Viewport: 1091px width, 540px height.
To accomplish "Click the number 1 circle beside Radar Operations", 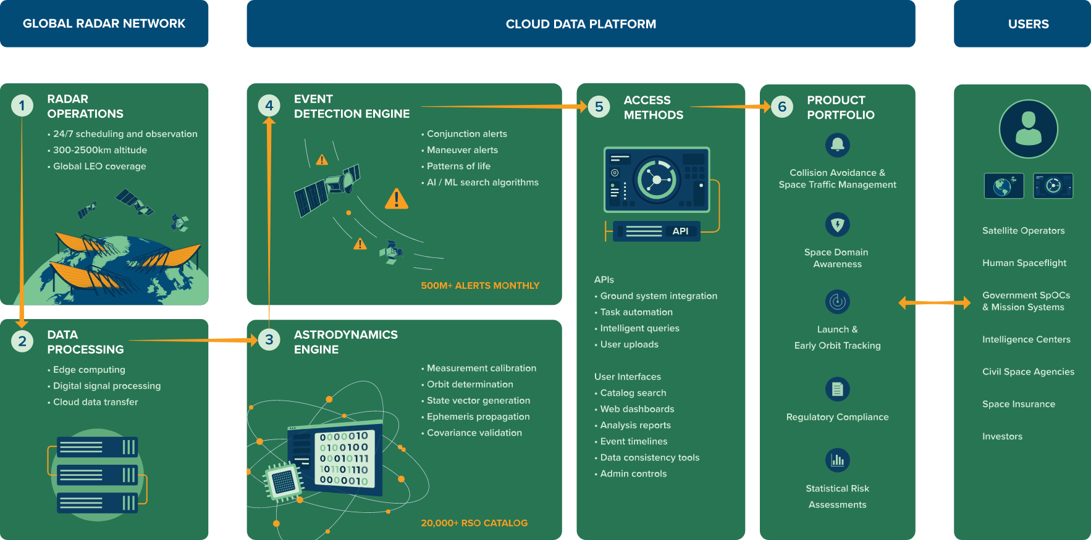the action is pos(22,106).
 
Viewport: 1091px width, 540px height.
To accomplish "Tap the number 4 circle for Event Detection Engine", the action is pos(269,106).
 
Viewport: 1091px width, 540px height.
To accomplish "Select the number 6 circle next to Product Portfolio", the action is pos(782,107).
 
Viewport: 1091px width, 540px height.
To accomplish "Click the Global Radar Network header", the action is pos(104,23).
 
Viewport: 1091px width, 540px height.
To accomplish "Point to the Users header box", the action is pos(1022,23).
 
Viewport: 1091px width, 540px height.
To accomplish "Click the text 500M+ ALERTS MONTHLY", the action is pos(480,286).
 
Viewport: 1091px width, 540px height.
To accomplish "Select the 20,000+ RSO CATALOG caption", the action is pos(474,523).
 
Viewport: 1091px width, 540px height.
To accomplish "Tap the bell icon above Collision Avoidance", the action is pos(838,145).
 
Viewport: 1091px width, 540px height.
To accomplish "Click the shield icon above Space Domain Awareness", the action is pos(838,224).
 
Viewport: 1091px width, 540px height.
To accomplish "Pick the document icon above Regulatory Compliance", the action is pos(838,389).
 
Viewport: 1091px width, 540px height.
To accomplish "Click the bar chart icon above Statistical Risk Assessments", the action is pos(838,460).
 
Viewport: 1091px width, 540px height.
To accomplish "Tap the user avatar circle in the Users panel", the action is pos(1029,129).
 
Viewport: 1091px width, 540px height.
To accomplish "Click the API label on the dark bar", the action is pos(680,231).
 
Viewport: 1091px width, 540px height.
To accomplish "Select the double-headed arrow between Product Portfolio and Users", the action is pos(935,302).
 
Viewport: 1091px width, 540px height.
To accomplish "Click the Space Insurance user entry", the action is pos(1019,404).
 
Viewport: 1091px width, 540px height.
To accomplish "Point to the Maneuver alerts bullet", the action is pos(460,150).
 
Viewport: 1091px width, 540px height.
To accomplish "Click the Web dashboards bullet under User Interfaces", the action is pos(634,409).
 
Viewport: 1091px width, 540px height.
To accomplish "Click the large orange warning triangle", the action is pos(397,199).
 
